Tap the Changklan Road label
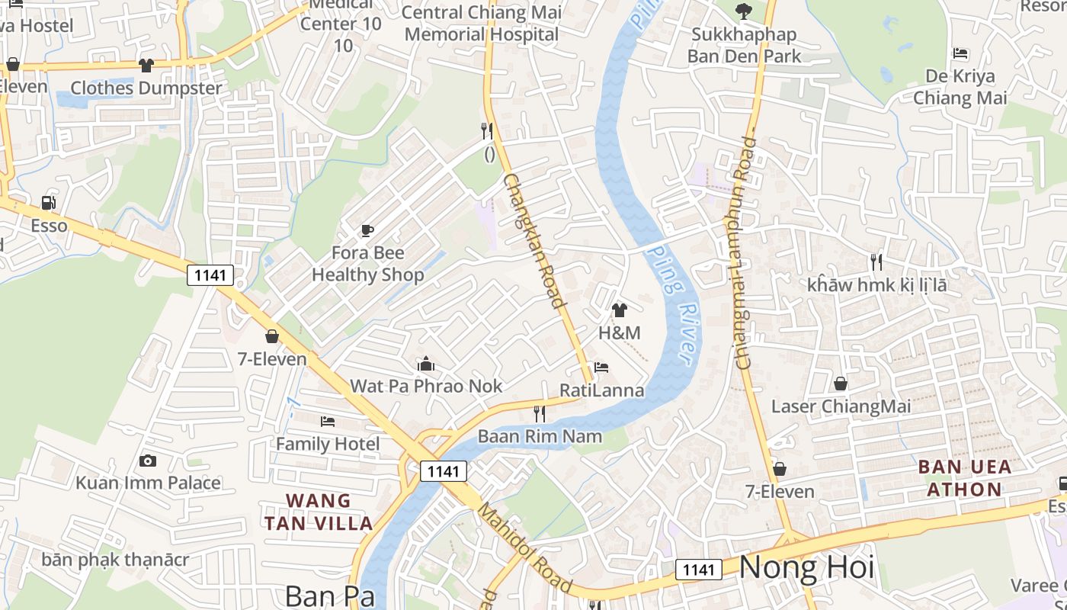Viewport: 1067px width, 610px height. [535, 240]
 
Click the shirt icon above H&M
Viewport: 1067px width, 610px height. [620, 310]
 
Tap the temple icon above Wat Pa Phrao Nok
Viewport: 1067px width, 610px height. [426, 364]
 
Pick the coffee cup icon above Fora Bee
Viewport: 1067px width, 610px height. [367, 230]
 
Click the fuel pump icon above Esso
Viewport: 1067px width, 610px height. [49, 203]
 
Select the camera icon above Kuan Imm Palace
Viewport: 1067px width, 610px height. [148, 461]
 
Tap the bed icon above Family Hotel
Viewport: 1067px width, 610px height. [328, 421]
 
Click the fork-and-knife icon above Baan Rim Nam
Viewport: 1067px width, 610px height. [540, 414]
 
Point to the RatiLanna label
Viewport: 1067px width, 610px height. [601, 390]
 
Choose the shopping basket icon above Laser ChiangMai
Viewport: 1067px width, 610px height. [841, 384]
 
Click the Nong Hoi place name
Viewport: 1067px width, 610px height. [806, 568]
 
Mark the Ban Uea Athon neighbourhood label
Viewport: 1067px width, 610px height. [964, 478]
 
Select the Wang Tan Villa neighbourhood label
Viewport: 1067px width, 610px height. [319, 512]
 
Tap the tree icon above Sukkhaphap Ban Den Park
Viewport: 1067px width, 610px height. [743, 11]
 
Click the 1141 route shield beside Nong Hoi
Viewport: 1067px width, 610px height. [699, 570]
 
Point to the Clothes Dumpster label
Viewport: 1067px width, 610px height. [146, 88]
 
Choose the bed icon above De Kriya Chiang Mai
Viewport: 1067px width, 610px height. [960, 54]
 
